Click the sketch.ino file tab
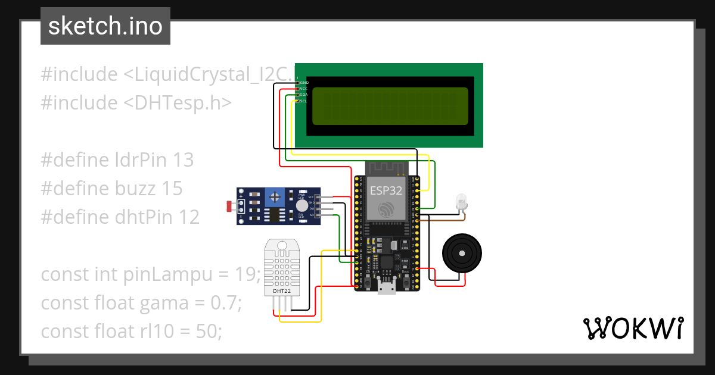(x=105, y=26)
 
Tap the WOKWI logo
(x=632, y=329)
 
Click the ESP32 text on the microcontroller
(x=386, y=191)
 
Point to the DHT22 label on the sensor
(x=281, y=291)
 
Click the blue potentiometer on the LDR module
(x=275, y=195)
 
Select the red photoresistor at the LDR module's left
(x=229, y=207)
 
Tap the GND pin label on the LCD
(x=304, y=83)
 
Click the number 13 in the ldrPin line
(x=184, y=160)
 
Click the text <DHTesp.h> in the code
(x=178, y=103)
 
